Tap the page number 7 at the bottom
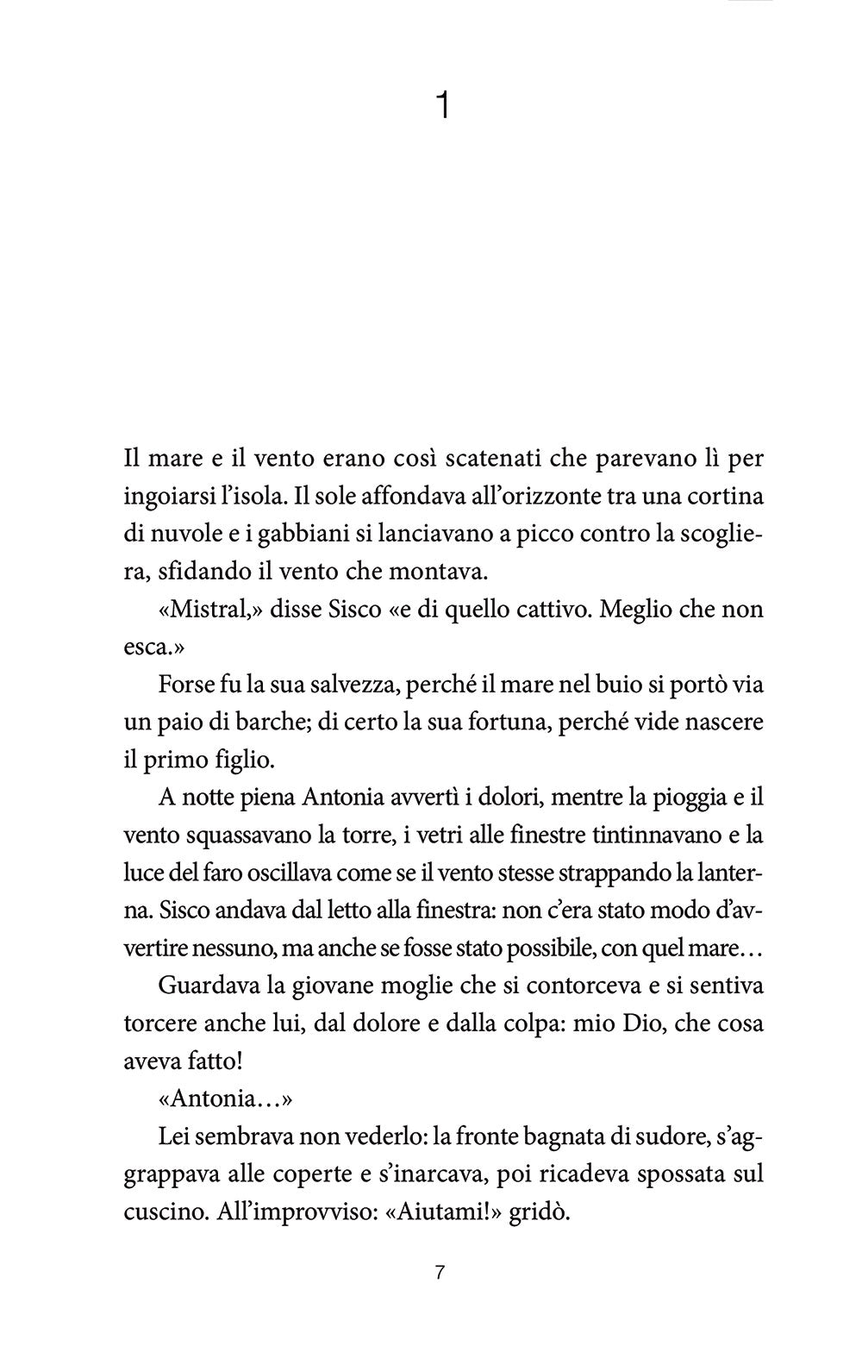(x=439, y=1272)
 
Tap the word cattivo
(x=539, y=610)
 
